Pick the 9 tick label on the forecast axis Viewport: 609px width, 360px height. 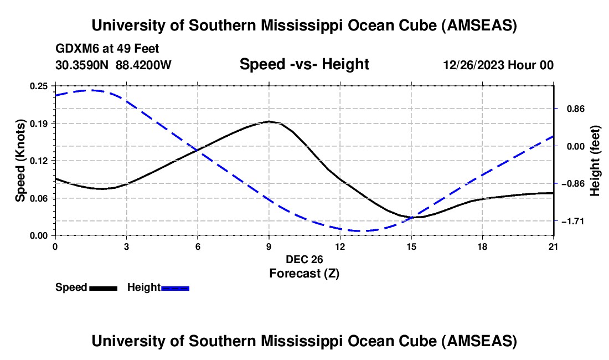[269, 246]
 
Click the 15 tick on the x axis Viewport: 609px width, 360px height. [411, 246]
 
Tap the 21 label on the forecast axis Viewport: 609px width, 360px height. [554, 246]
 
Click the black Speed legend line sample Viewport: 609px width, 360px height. [103, 288]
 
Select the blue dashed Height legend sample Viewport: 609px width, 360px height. [175, 288]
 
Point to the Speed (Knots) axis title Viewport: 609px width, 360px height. [20, 161]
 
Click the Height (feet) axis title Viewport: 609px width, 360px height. [595, 161]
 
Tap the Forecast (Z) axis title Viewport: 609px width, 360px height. [304, 273]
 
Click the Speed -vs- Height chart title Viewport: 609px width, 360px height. [304, 64]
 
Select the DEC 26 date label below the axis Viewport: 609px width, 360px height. [304, 259]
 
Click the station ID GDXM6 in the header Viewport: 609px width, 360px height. [74, 49]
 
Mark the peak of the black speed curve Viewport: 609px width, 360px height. [269, 121]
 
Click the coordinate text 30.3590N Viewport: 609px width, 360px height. [83, 65]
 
